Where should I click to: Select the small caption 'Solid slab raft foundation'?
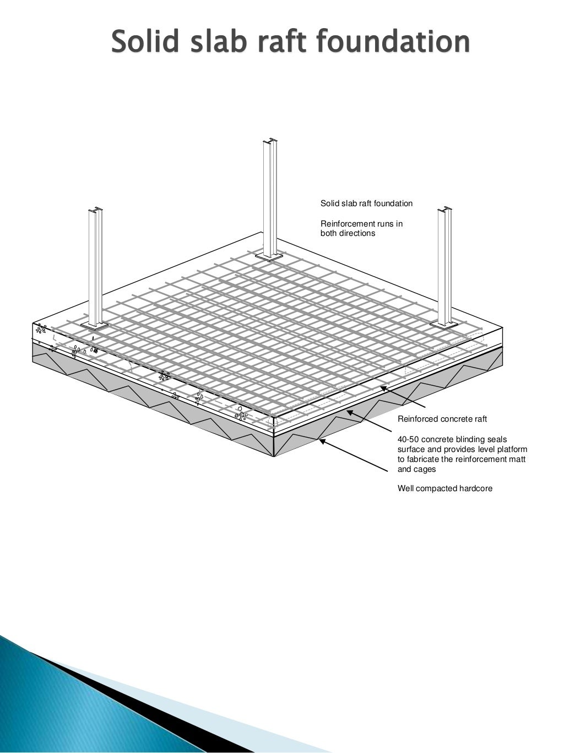point(366,203)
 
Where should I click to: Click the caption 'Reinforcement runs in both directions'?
point(361,228)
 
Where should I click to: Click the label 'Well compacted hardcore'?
point(445,488)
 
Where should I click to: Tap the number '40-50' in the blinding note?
point(408,439)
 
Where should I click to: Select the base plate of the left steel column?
point(95,325)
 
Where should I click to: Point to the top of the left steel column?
point(95,209)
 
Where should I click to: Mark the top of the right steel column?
point(444,210)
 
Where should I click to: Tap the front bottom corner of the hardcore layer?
point(274,456)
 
